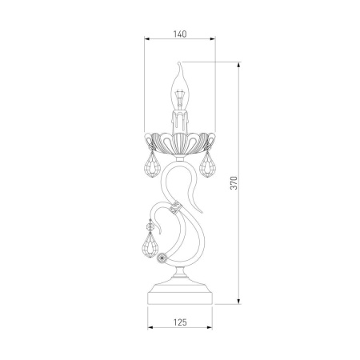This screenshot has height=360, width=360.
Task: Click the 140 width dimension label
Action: pyautogui.click(x=180, y=34)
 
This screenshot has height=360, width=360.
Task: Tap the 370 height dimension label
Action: pyautogui.click(x=234, y=182)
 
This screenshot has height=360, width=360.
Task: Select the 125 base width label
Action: pyautogui.click(x=180, y=322)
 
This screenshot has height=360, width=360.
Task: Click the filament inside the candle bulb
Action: pyautogui.click(x=180, y=99)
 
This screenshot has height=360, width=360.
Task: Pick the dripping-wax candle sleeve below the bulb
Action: pyautogui.click(x=180, y=122)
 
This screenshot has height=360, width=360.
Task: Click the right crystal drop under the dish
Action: pyautogui.click(x=207, y=165)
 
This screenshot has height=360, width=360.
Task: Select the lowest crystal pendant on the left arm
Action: pyautogui.click(x=150, y=246)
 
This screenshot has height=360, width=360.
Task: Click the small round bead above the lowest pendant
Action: pyautogui.click(x=150, y=227)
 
